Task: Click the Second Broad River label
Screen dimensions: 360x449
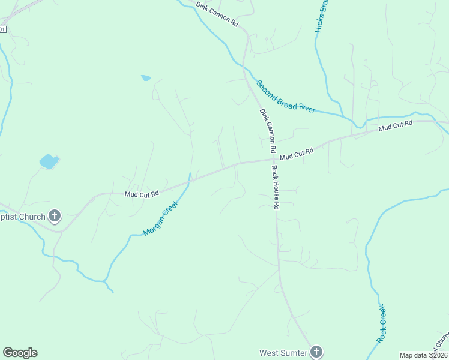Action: [286, 97]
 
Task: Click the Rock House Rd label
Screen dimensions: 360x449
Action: [276, 187]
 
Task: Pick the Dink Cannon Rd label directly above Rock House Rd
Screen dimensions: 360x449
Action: [267, 130]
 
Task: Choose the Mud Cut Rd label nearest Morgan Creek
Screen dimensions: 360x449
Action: [142, 194]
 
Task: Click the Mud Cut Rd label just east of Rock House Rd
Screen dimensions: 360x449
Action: [297, 154]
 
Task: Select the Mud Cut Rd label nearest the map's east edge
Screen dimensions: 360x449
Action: [396, 127]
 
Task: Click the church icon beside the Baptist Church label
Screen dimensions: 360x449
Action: [55, 216]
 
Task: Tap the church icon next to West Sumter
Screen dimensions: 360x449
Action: [316, 352]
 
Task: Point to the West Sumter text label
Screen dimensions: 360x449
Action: [283, 353]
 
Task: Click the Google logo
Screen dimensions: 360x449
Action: [20, 353]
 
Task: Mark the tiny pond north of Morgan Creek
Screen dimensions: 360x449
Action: [145, 77]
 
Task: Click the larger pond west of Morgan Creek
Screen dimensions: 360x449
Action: [49, 161]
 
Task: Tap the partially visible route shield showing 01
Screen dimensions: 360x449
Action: [3, 29]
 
